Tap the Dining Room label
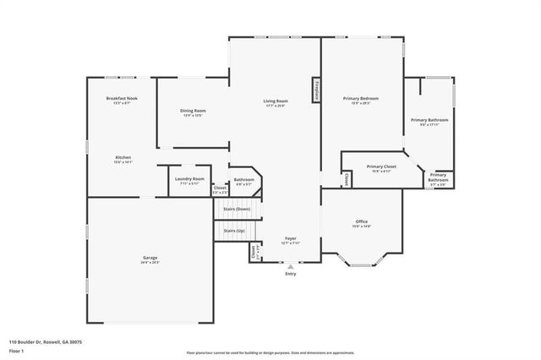[x=193, y=111]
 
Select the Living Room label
[x=276, y=101]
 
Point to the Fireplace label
[x=316, y=90]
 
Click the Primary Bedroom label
[x=361, y=99]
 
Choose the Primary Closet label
[x=381, y=166]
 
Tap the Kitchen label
[x=123, y=157]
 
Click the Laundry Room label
[x=189, y=178]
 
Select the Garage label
[x=150, y=257]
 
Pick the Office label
[x=361, y=221]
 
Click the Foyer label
[x=290, y=239]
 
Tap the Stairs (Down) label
[x=237, y=209]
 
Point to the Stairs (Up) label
[x=235, y=230]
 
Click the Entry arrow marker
[x=291, y=266]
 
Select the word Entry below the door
[x=291, y=274]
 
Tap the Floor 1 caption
[x=18, y=351]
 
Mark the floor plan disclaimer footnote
[x=270, y=352]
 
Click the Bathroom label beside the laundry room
[x=244, y=178]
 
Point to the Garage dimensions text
[x=150, y=262]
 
